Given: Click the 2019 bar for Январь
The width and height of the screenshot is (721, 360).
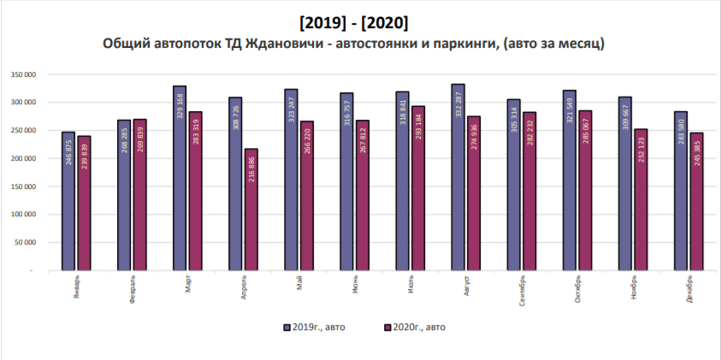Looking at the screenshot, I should (68, 201).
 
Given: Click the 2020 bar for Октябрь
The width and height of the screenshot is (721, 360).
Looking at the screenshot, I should (586, 190).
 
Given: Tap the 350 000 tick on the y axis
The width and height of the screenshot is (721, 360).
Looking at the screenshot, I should (23, 74).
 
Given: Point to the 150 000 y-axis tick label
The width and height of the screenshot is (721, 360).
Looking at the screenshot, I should (23, 186).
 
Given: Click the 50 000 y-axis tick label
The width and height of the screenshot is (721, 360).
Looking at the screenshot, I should (26, 243).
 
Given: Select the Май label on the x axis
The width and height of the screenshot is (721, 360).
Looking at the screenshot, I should (298, 283).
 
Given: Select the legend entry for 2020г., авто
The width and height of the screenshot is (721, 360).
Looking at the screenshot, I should (415, 327).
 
